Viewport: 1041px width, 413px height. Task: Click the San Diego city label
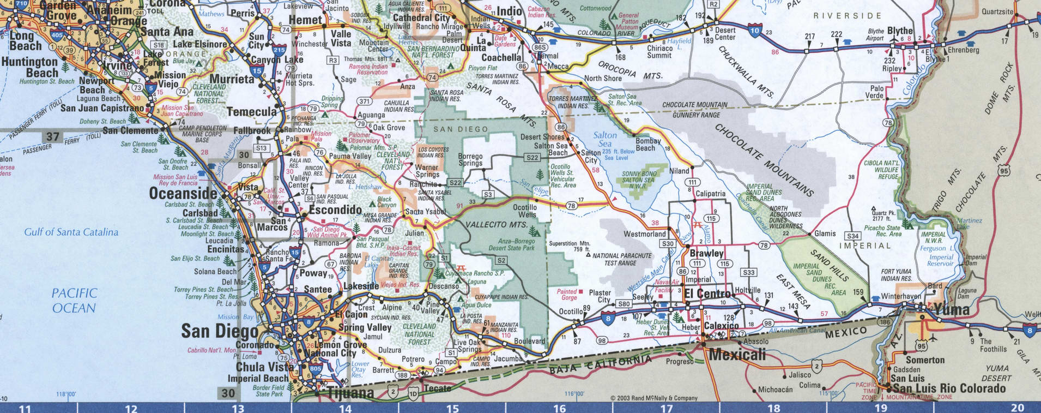tap(220, 331)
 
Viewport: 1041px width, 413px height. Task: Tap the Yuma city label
tap(952, 310)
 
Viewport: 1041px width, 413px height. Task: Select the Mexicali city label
tap(737, 355)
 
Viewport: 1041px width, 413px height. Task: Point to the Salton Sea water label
tap(605, 139)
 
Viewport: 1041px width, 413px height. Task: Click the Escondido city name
tap(335, 210)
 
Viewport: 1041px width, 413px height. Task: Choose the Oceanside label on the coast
tap(183, 194)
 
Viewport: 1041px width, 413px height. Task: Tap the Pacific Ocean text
tap(74, 301)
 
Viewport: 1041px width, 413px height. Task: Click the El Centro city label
tap(707, 294)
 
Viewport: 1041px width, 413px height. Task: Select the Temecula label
tap(251, 112)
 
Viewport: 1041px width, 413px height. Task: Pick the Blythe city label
tap(900, 31)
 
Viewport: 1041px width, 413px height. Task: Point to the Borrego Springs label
tap(470, 159)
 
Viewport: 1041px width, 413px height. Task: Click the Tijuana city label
tap(350, 393)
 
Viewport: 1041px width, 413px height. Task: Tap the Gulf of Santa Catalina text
tap(71, 232)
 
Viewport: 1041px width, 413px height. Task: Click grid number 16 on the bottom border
tap(559, 408)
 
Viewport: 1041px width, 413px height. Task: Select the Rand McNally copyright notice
tap(653, 398)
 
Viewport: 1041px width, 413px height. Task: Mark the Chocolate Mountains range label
tap(763, 159)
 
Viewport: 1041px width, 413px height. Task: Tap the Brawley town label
tap(706, 254)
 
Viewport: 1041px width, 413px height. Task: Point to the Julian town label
tap(414, 233)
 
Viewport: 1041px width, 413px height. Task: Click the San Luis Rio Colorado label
tap(948, 388)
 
